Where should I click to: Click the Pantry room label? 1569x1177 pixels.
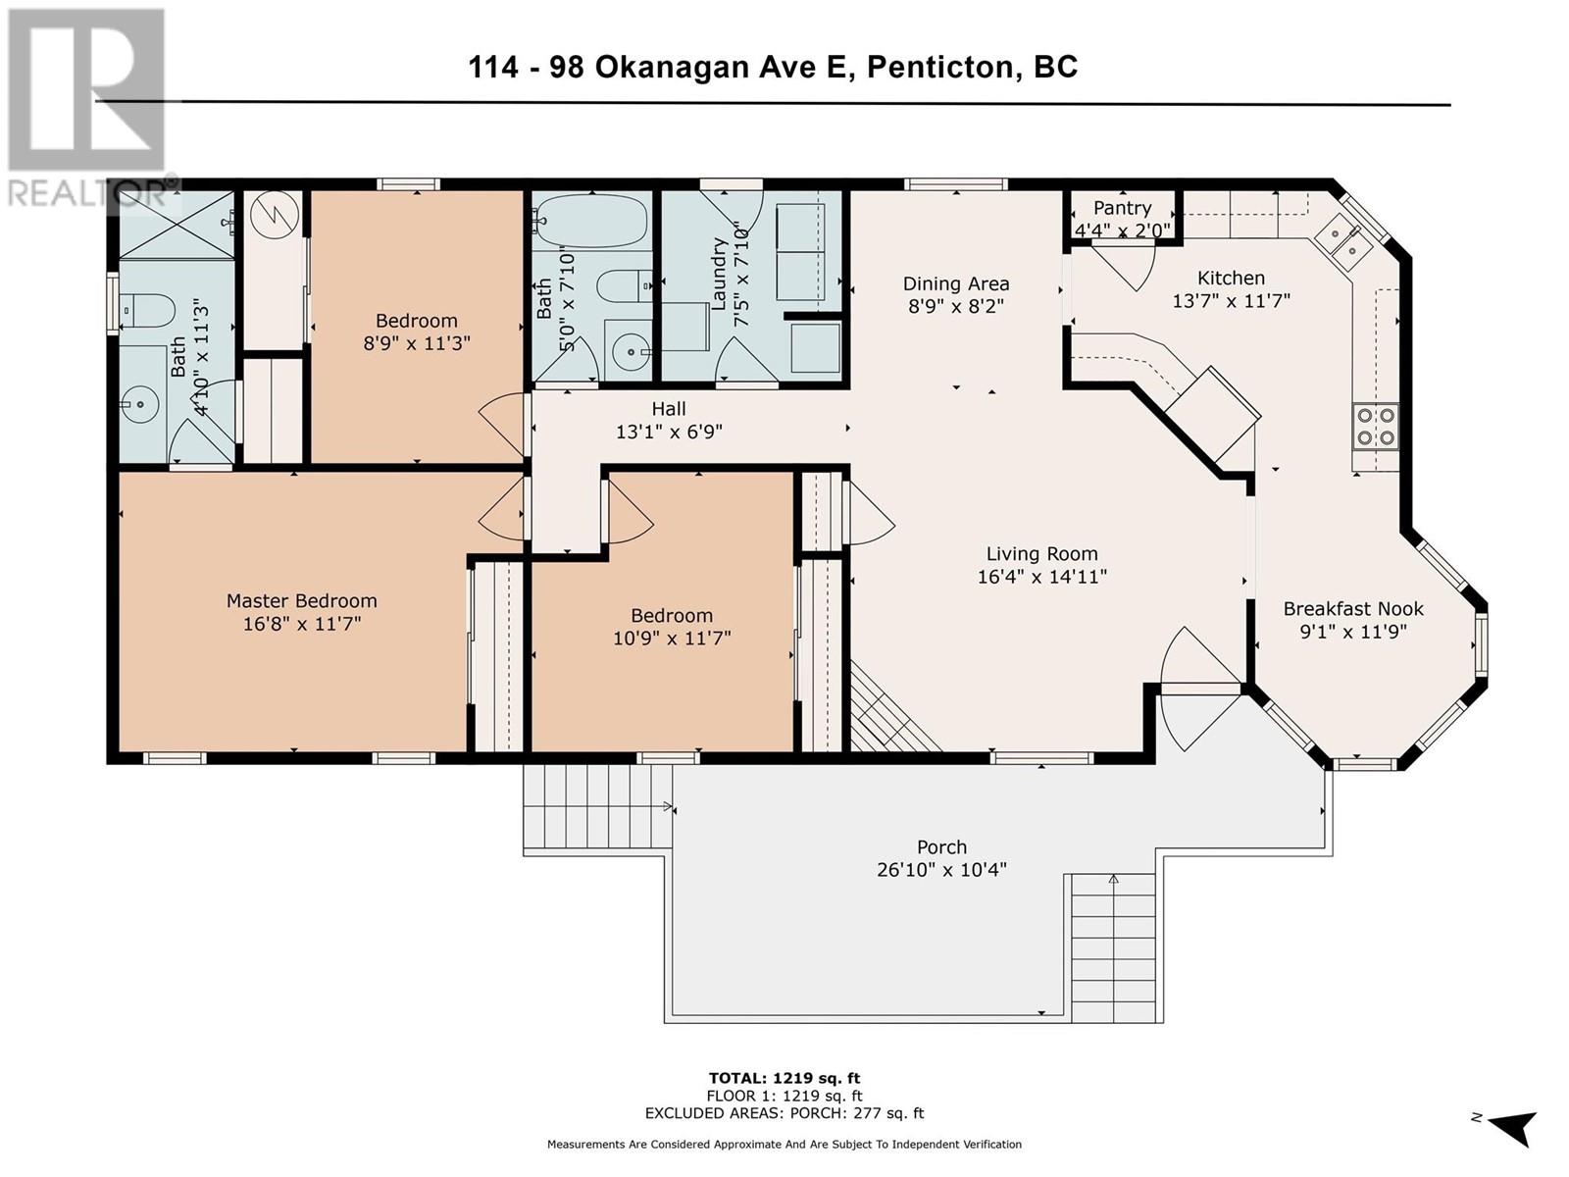coord(1122,208)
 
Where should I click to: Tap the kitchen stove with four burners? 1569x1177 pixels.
coord(1375,427)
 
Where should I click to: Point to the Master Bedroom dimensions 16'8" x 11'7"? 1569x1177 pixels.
coord(302,624)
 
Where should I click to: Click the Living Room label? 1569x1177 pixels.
coord(1041,554)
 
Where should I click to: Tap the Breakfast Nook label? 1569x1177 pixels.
coord(1353,609)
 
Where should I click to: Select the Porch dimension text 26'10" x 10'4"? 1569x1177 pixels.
coord(941,870)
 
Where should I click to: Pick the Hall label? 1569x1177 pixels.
coord(669,409)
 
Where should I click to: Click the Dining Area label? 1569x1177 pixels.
coord(956,283)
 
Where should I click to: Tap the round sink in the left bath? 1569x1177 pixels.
coord(140,404)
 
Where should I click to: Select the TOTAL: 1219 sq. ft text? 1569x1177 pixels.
coord(784,1078)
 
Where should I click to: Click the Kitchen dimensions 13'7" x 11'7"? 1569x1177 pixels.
coord(1231,301)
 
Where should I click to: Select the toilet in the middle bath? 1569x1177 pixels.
coord(623,286)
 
